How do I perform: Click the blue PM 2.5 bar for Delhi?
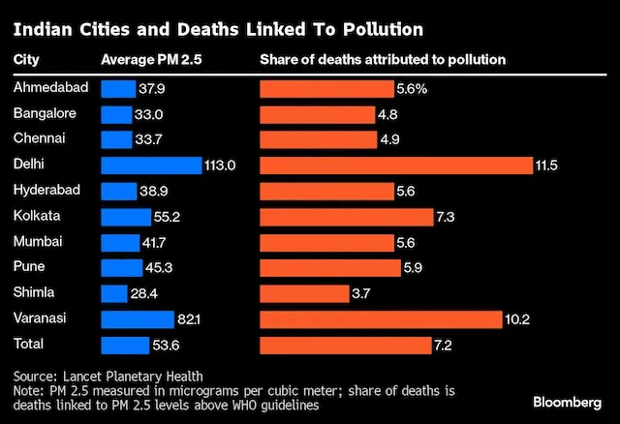click(150, 166)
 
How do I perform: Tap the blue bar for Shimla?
click(113, 293)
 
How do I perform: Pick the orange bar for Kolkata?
click(346, 216)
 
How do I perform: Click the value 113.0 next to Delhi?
click(220, 166)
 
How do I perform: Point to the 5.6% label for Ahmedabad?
click(410, 88)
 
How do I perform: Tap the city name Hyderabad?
click(46, 190)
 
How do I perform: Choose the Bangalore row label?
click(44, 113)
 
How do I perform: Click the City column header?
click(25, 60)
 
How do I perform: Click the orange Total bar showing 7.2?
click(345, 344)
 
